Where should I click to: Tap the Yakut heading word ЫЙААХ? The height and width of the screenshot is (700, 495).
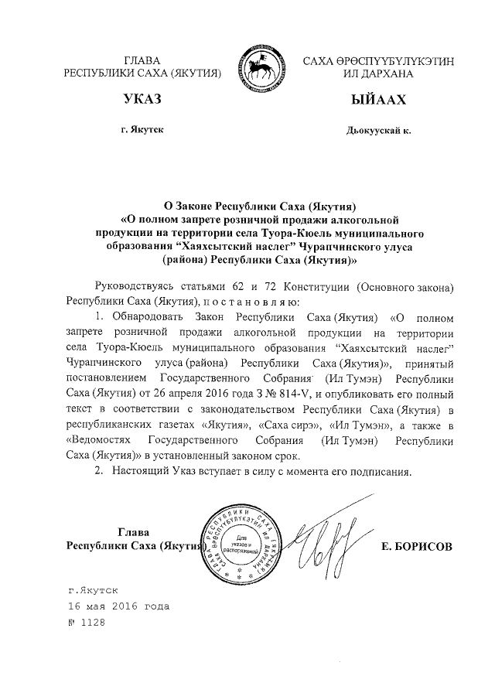(x=377, y=101)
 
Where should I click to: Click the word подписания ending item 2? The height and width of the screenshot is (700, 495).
(x=391, y=470)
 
